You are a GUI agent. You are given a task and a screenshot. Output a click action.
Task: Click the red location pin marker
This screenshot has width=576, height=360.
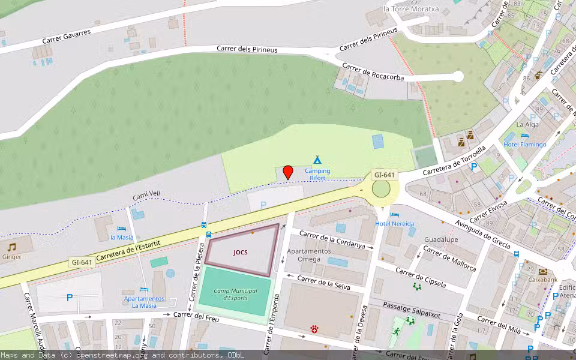(x=288, y=172)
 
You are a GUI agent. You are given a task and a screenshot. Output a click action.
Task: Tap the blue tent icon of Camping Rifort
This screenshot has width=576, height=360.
(x=317, y=160)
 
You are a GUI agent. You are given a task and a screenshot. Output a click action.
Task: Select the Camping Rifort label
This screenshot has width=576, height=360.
(x=317, y=174)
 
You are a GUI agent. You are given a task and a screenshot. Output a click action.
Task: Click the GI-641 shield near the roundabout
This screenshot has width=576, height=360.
(x=384, y=175)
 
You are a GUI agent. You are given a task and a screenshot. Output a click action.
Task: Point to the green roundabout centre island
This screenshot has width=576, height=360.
(x=381, y=188)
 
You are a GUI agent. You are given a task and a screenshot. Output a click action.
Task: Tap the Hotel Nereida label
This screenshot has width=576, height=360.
(x=394, y=223)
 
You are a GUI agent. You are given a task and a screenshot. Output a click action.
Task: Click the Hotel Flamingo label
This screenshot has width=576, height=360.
(x=525, y=145)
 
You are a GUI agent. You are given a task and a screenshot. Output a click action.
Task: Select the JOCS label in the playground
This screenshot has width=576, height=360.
(x=241, y=253)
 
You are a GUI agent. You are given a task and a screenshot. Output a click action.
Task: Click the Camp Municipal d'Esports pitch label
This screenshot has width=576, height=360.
(x=236, y=294)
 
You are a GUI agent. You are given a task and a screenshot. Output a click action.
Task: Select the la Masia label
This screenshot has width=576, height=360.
(x=122, y=237)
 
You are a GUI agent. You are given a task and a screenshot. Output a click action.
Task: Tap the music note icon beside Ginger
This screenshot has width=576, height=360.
(x=11, y=247)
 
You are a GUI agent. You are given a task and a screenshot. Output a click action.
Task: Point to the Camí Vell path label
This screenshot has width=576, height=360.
(x=146, y=196)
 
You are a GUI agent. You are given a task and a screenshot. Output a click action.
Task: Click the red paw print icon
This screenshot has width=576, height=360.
(x=314, y=329)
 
